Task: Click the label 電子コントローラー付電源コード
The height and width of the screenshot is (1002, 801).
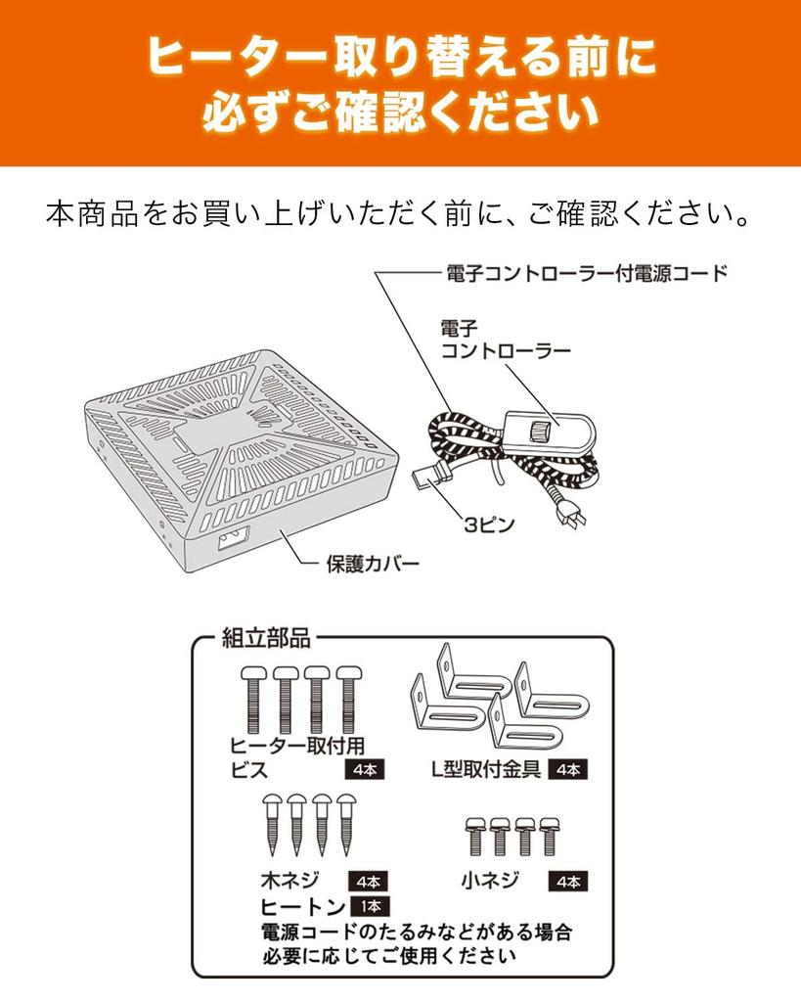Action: point(585,273)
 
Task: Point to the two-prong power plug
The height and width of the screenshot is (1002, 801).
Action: point(571,519)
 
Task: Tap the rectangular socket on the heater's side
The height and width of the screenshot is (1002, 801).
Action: point(232,538)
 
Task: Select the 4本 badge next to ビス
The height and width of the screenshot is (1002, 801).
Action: point(364,769)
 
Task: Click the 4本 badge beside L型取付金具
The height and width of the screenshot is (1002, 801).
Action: point(567,769)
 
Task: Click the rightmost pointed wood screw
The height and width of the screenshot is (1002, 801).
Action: point(345,823)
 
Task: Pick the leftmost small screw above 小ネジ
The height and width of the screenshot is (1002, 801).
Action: point(477,837)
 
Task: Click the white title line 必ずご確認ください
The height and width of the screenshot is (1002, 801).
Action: point(400,114)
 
